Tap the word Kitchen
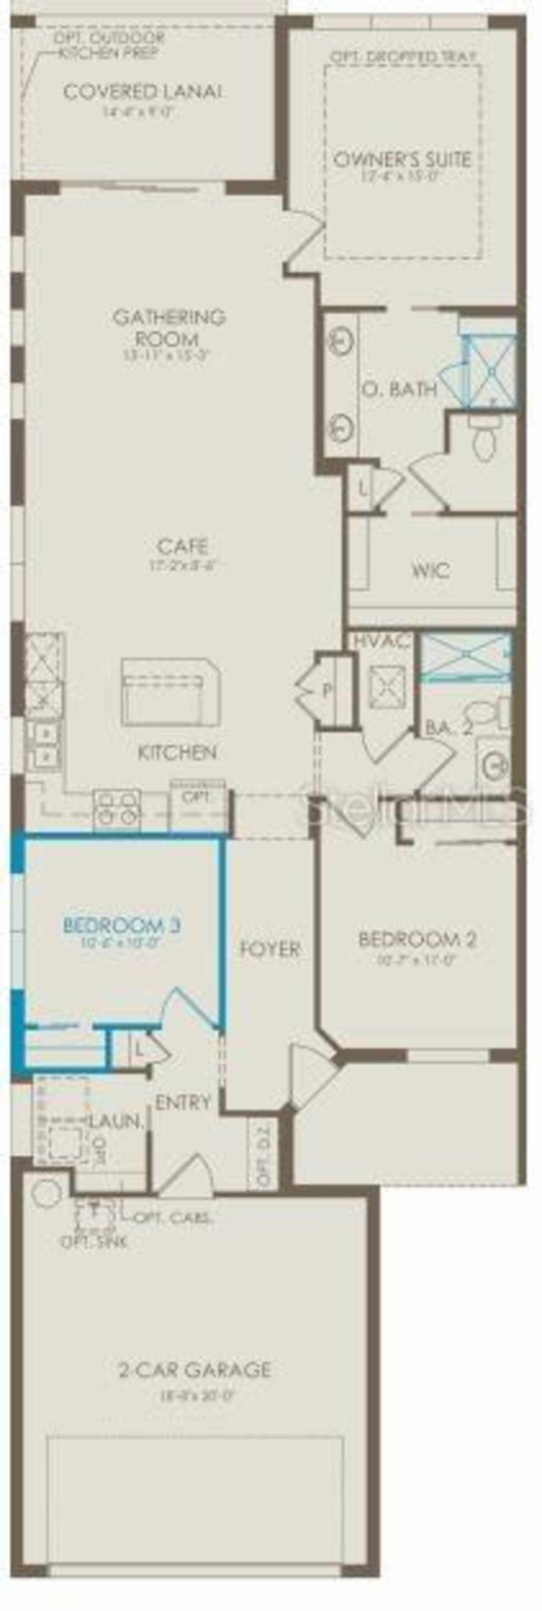177,752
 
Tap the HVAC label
382,641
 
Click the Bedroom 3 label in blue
122,924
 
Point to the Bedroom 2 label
418,939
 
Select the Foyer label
270,948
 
